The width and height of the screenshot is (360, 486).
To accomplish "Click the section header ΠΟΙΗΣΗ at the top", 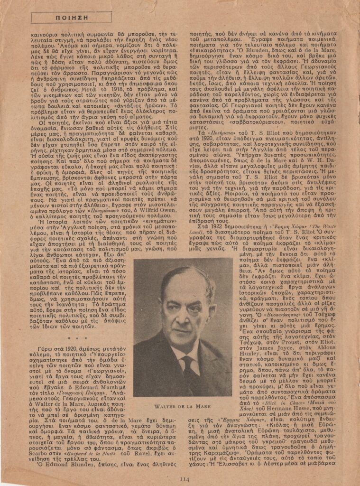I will pos(57,18).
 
